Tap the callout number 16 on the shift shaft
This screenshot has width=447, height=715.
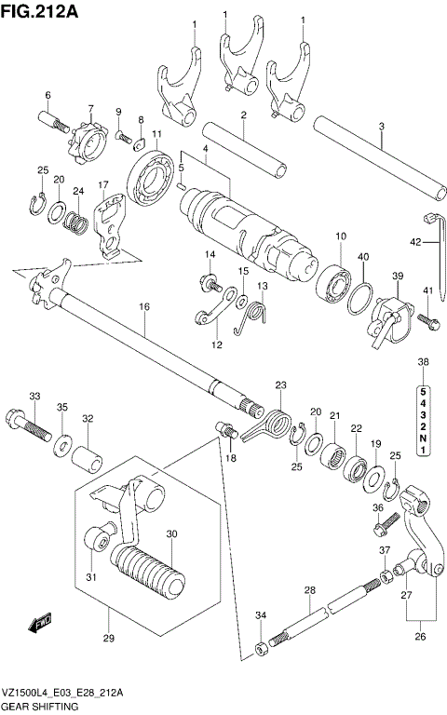click(x=144, y=306)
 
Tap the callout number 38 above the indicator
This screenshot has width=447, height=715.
click(x=424, y=362)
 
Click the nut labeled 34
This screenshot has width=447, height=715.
click(x=262, y=644)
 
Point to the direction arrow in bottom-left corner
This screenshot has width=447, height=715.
click(x=40, y=620)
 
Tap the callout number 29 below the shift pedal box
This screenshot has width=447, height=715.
click(x=109, y=638)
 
